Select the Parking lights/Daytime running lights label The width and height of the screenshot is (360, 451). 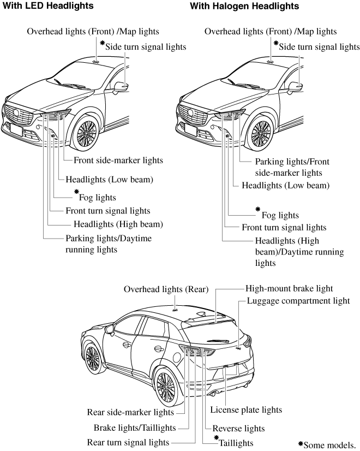point(109,244)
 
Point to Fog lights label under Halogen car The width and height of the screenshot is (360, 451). point(280,215)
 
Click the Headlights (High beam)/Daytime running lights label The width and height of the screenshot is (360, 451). point(299,251)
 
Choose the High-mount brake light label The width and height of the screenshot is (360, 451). point(289,288)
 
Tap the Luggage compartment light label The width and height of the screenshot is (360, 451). point(298,300)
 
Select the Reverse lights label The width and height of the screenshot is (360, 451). point(238,428)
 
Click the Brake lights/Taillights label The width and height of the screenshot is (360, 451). point(134,427)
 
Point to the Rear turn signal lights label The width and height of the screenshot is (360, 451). point(128,442)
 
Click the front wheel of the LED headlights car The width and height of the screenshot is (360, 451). point(87,133)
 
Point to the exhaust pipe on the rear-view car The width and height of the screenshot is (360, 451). point(218,394)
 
